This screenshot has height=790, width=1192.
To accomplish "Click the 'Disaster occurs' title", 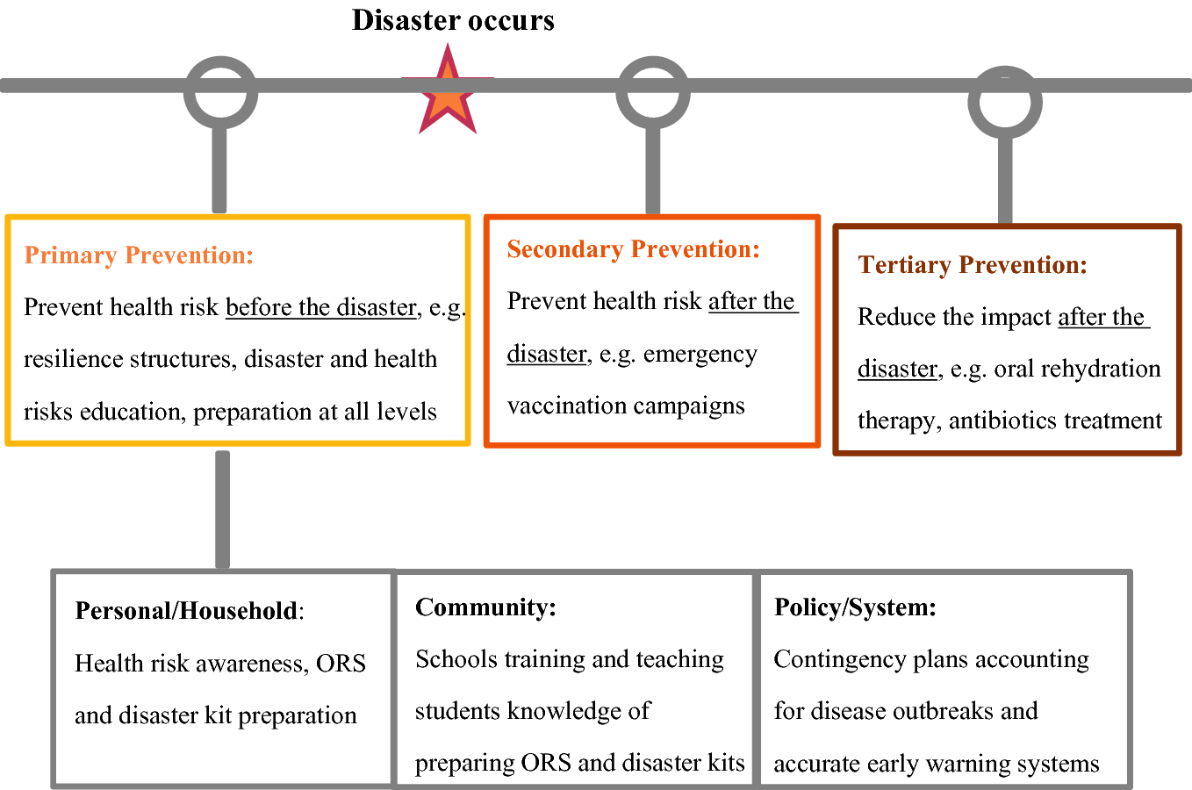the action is [x=453, y=21].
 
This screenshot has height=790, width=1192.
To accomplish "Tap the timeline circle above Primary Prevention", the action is [x=221, y=92].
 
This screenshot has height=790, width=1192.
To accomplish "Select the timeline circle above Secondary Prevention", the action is [x=653, y=92].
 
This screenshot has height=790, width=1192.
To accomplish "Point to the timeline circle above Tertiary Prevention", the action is [x=1005, y=102].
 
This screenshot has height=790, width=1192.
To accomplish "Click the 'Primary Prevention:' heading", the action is [x=139, y=255].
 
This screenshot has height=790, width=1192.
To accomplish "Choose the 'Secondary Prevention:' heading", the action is [x=633, y=249].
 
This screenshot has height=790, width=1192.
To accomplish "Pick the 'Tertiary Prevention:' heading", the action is [x=973, y=265].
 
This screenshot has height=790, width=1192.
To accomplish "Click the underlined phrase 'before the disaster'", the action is [x=321, y=307].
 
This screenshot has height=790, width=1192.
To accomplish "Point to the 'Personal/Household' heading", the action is [x=186, y=611].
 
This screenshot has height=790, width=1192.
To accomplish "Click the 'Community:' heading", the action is [x=485, y=607].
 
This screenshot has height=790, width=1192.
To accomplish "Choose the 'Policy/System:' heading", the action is [x=855, y=607].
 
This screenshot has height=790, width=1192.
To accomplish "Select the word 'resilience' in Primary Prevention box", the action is [x=74, y=359].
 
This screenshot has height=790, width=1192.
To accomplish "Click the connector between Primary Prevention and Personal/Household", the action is [x=222, y=510].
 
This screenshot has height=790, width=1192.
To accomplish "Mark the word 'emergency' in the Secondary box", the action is [x=700, y=355].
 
